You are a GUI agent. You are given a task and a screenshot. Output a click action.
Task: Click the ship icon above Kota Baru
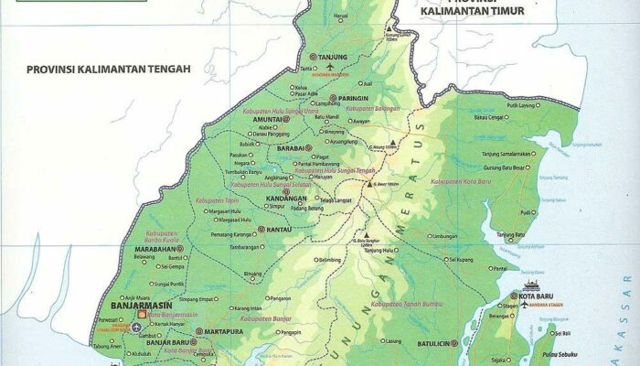[531, 285]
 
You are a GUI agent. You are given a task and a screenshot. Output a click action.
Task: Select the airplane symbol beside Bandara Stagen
[524, 305]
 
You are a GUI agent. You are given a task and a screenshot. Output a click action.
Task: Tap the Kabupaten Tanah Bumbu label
[401, 303]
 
